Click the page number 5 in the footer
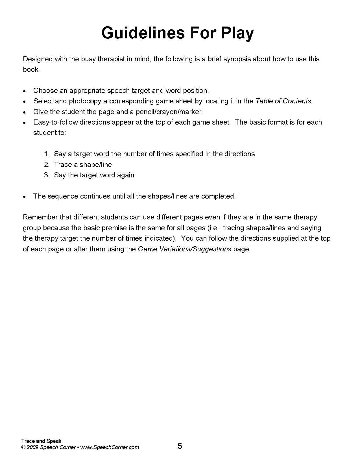click(x=180, y=446)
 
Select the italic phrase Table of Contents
click(x=283, y=101)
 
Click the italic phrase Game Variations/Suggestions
click(x=184, y=249)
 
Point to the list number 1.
click(x=47, y=154)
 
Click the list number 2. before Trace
click(x=47, y=165)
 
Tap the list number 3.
click(x=47, y=175)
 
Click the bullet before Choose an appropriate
click(x=25, y=91)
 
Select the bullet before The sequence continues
click(x=25, y=197)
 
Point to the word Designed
click(x=38, y=59)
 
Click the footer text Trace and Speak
click(x=41, y=441)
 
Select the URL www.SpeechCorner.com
click(x=110, y=447)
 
